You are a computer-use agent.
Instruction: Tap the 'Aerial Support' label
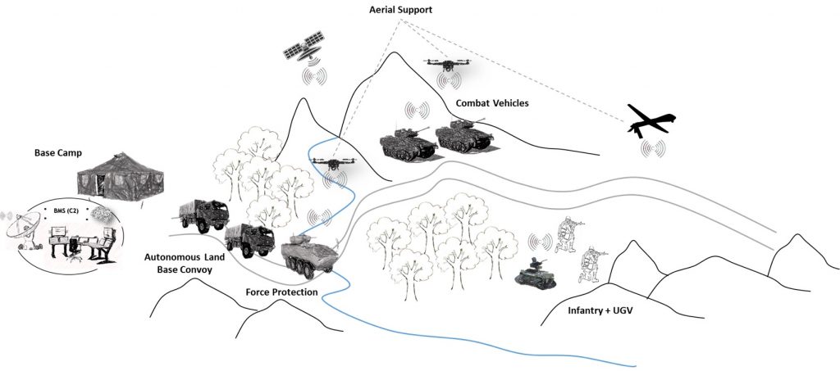[398, 9]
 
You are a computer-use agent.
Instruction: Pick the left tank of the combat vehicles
[407, 139]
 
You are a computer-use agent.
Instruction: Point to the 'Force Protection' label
[281, 292]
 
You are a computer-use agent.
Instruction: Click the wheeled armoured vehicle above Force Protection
[309, 256]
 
